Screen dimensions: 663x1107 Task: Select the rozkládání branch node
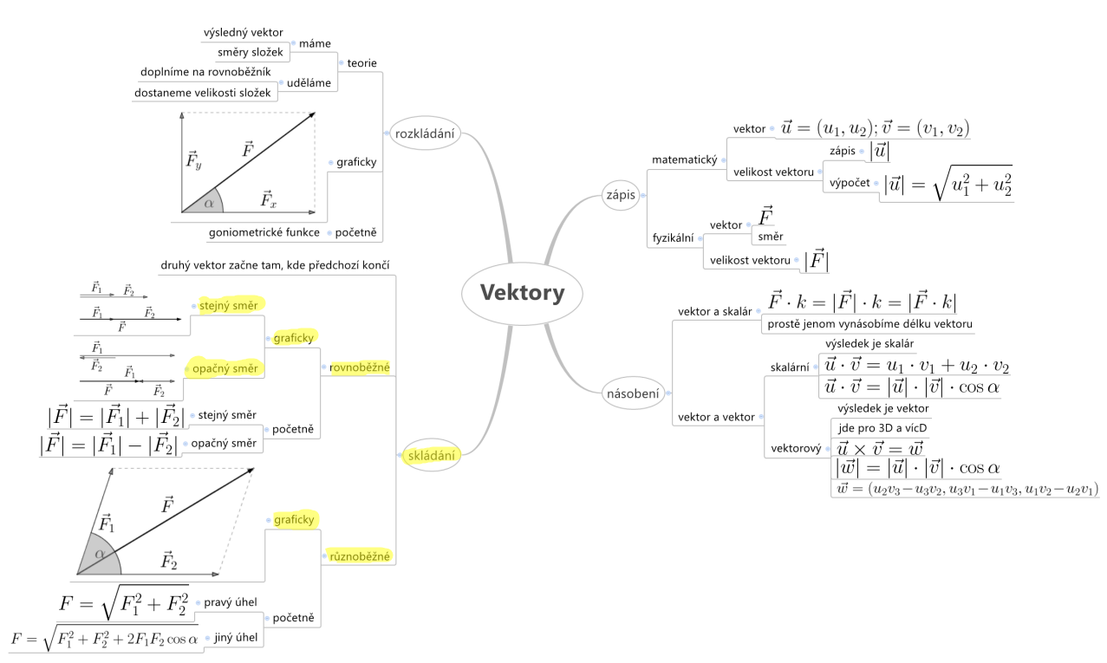(426, 133)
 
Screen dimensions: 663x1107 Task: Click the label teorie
(361, 63)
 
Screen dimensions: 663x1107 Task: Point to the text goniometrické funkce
(264, 233)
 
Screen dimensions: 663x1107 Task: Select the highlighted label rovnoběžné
(360, 367)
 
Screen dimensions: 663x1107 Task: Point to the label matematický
(684, 159)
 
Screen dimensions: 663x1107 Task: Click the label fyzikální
(672, 237)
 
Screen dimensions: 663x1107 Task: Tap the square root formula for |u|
(947, 185)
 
